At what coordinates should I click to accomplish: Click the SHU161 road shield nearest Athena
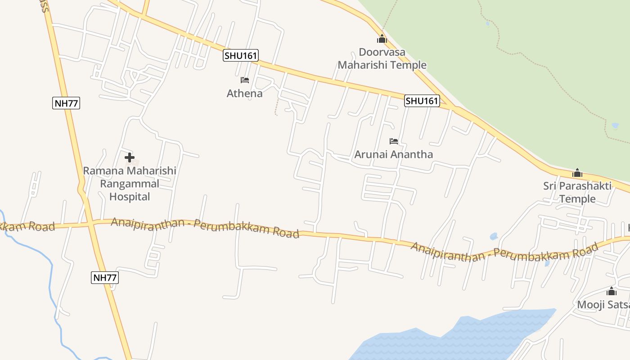pos(241,56)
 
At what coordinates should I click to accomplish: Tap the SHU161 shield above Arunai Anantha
pos(422,101)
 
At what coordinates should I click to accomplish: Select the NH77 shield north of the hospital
pos(66,103)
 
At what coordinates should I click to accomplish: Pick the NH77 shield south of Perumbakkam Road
pos(105,278)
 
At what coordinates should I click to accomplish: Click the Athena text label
pos(244,94)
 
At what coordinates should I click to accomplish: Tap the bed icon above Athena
pos(245,80)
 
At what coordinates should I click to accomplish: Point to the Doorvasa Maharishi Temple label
pos(382,58)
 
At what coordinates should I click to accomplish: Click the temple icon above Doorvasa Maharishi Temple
pos(382,39)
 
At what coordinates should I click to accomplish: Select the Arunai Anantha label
pos(393,154)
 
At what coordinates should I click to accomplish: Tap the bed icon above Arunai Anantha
pos(394,141)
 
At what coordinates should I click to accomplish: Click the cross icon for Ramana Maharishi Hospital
pos(130,157)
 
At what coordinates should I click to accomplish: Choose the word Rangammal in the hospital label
pos(130,184)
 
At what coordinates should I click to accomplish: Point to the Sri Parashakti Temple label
pos(577,192)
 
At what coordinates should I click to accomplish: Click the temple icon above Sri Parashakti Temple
pos(577,173)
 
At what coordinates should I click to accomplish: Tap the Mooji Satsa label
pos(603,305)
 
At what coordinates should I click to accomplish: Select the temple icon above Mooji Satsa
pos(612,291)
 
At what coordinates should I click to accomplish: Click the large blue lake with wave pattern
pos(454,337)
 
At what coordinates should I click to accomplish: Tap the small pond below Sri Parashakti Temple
pos(494,236)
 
